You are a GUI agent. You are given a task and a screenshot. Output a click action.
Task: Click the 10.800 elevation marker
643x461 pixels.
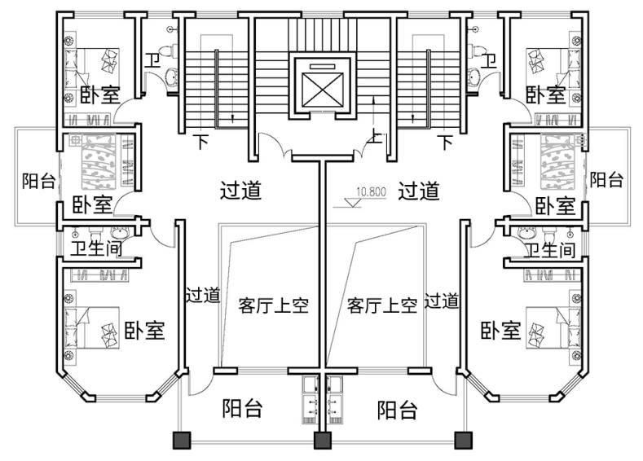(371, 194)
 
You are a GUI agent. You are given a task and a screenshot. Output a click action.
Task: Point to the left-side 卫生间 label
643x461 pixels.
(96, 248)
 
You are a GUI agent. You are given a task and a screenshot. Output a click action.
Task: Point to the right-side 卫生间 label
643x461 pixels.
(549, 248)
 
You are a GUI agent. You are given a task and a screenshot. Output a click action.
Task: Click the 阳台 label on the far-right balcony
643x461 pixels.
(606, 179)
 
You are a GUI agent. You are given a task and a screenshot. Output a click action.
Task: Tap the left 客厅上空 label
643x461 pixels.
(273, 305)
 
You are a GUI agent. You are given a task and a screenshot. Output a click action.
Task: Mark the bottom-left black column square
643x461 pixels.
(180, 441)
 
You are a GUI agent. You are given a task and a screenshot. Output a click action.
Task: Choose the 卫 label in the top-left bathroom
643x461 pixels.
(152, 60)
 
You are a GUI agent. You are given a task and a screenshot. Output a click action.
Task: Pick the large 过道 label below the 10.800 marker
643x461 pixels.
(418, 191)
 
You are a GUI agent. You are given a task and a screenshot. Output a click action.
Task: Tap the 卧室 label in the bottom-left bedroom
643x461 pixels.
(145, 330)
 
